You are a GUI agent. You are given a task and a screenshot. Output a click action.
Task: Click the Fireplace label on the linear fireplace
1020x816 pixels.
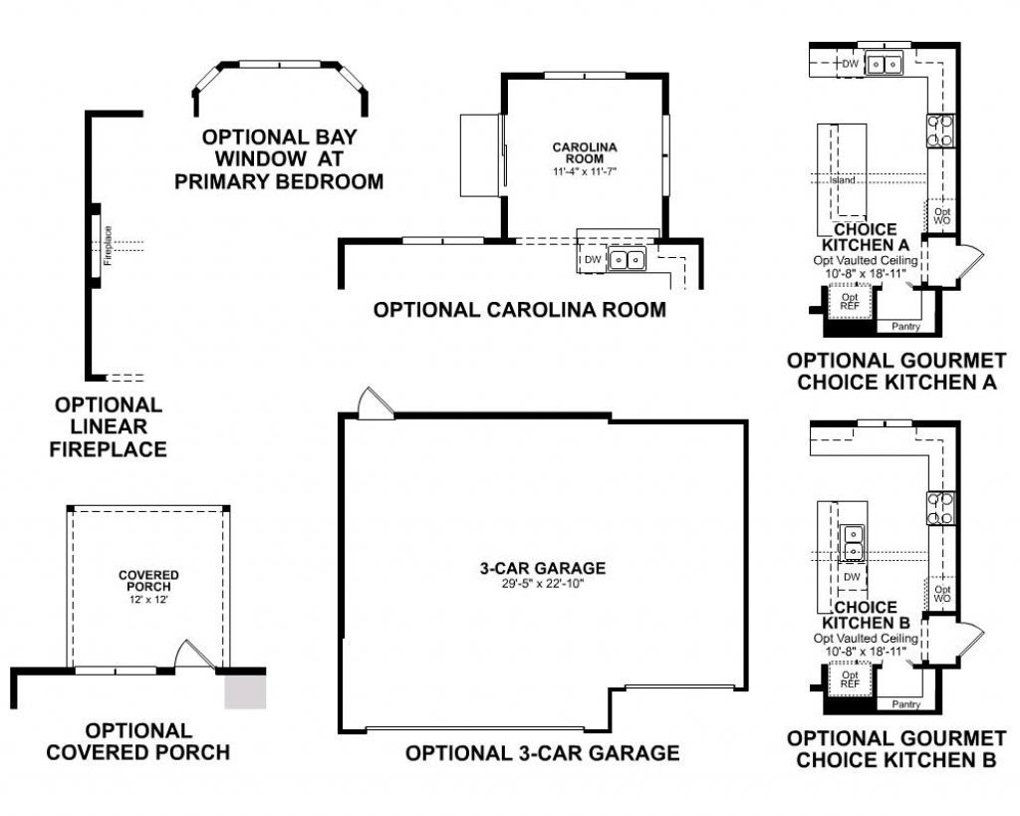click(x=108, y=244)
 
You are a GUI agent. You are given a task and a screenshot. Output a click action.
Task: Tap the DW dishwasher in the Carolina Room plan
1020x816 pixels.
click(x=592, y=260)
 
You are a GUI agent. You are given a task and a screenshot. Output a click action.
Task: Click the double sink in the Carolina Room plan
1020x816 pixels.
click(x=628, y=260)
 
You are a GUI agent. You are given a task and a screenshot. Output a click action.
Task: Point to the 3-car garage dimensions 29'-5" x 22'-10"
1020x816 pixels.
click(x=542, y=584)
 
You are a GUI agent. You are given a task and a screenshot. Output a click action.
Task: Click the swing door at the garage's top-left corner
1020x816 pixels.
click(x=377, y=404)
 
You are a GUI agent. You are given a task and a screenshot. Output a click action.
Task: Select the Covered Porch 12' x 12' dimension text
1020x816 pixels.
click(x=148, y=600)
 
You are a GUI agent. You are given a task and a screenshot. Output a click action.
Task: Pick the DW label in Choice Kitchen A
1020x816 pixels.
click(x=850, y=65)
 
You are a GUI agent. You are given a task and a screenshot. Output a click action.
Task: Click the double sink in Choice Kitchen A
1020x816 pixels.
click(x=884, y=65)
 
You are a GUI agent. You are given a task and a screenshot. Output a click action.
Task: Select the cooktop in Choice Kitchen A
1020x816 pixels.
click(x=940, y=131)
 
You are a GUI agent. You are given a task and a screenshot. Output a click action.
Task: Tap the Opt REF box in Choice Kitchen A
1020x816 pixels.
click(x=850, y=302)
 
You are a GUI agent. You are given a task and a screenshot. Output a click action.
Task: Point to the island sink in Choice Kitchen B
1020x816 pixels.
click(x=853, y=542)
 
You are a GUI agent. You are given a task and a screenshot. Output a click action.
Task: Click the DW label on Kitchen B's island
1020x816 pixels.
click(x=852, y=577)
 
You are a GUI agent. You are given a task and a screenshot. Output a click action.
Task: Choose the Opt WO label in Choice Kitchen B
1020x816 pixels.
click(x=942, y=594)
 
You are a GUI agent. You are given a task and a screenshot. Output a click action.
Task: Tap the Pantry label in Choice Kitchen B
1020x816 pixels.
click(x=905, y=704)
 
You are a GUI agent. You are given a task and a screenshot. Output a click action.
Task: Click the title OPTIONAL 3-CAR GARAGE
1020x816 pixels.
click(x=542, y=753)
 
